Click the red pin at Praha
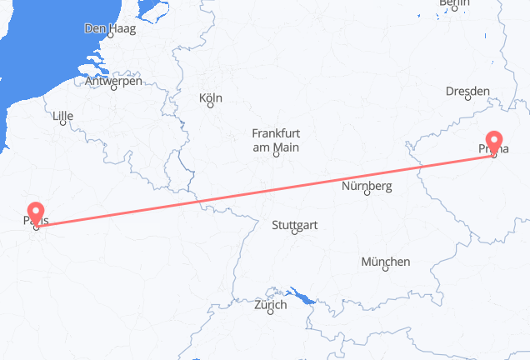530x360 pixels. point(495,142)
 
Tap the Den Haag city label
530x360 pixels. point(108,28)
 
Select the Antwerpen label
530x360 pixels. point(113,82)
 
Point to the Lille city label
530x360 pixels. point(63,117)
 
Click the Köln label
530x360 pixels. point(211,98)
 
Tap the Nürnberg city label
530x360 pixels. point(367,186)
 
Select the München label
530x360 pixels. point(385,262)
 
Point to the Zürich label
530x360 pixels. point(270,305)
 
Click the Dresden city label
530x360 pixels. point(467,92)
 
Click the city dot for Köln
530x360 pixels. point(210,107)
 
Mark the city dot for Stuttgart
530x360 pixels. point(294,233)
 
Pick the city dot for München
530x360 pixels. point(384,271)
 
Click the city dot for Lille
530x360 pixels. point(62,127)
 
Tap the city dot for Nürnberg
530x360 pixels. point(366,196)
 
